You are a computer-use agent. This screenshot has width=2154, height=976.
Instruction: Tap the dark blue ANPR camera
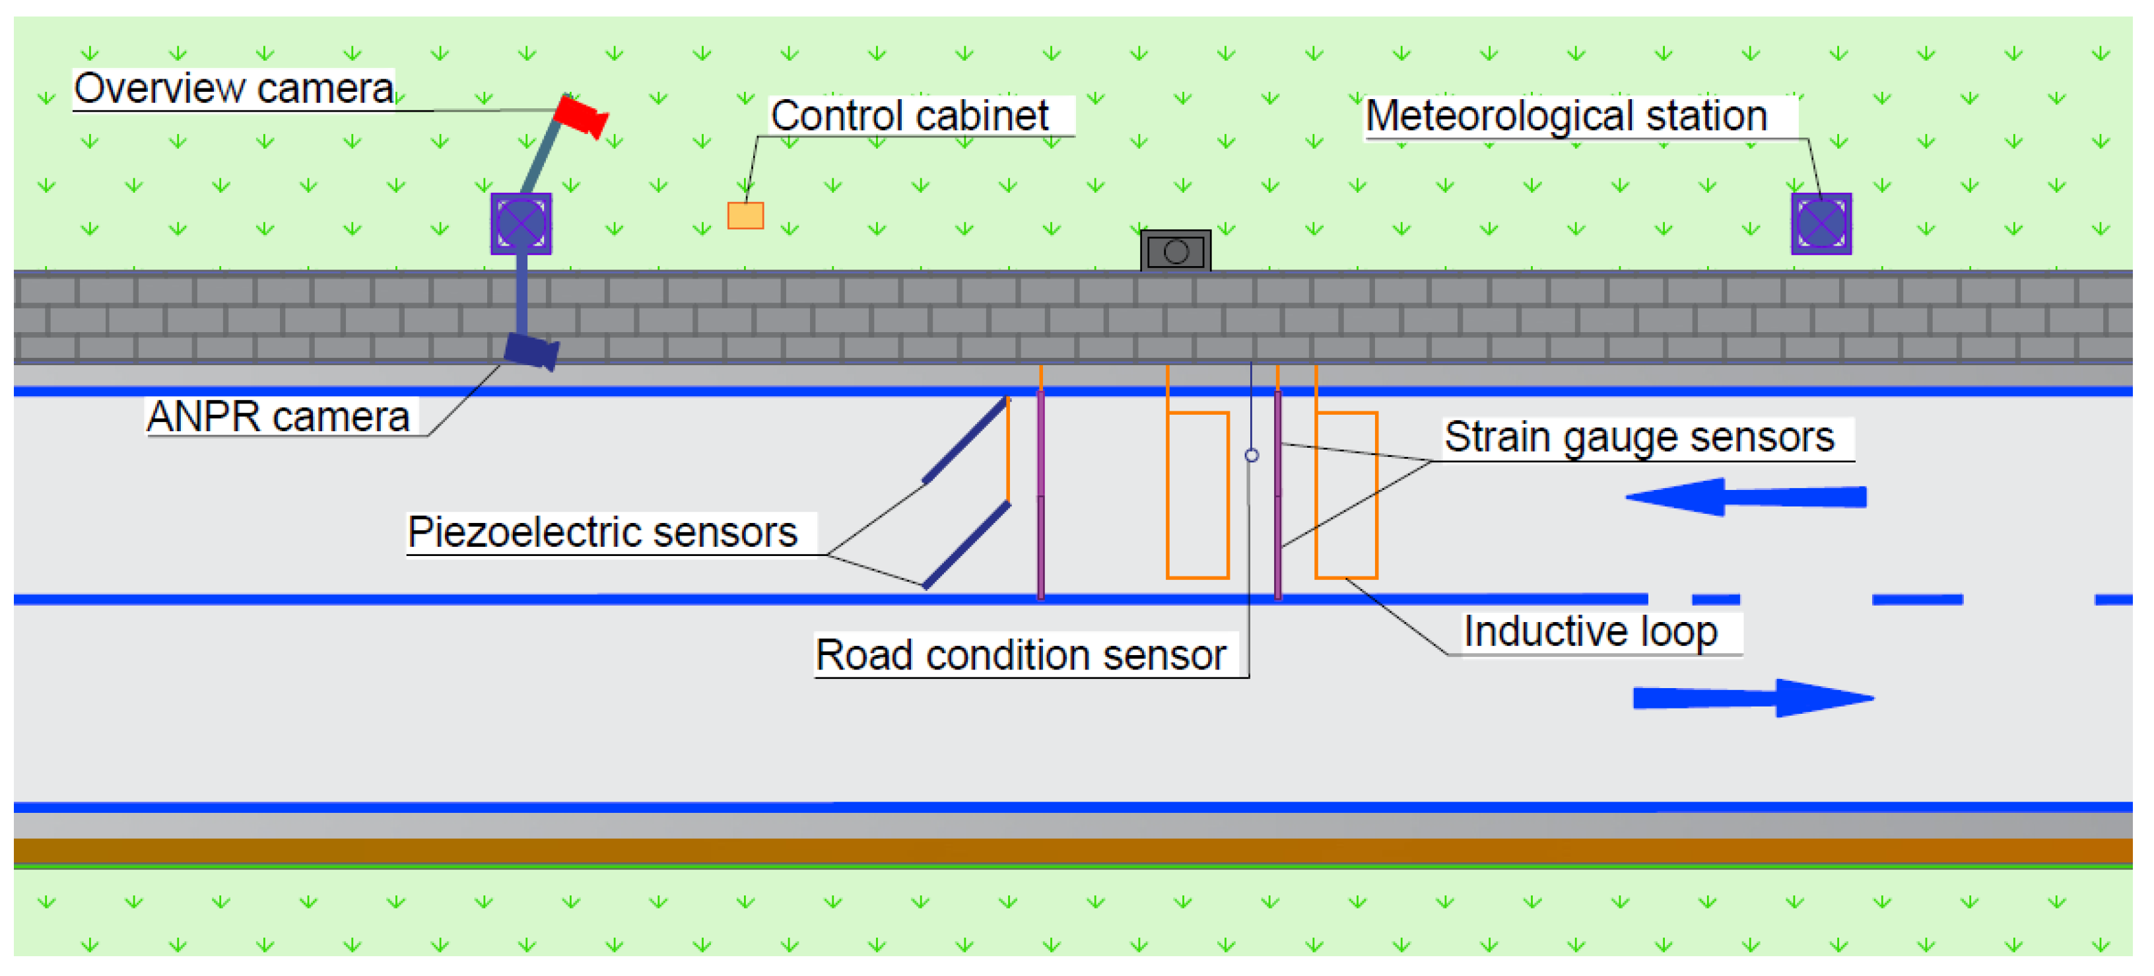(x=529, y=351)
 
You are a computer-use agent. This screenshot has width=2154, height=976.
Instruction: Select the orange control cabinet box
(x=745, y=215)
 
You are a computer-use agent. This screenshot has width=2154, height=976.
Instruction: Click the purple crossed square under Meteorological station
(x=1821, y=223)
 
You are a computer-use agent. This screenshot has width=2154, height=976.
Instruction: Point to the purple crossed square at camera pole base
(x=521, y=223)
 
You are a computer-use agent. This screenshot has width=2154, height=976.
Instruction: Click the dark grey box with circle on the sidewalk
(x=1175, y=251)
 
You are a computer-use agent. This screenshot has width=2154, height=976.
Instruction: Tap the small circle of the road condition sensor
(x=1251, y=455)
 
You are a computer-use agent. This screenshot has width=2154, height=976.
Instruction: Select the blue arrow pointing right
(x=1752, y=697)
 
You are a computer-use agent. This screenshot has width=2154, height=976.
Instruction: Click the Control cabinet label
(x=909, y=116)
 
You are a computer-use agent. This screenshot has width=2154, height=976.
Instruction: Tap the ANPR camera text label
(x=278, y=417)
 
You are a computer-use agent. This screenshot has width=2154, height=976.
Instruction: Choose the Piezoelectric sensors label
(x=602, y=532)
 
